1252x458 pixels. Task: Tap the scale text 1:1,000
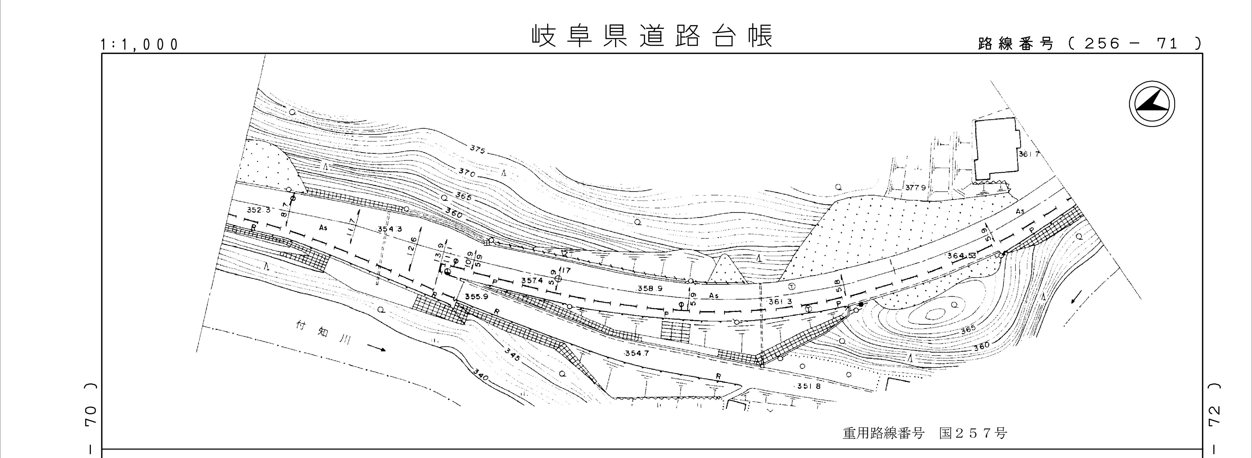pyautogui.click(x=139, y=45)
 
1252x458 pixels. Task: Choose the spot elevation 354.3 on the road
pyautogui.click(x=390, y=230)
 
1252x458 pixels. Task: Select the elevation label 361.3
pyautogui.click(x=780, y=302)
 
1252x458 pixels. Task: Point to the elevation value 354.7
pyautogui.click(x=636, y=353)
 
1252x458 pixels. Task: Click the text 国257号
pyautogui.click(x=972, y=433)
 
